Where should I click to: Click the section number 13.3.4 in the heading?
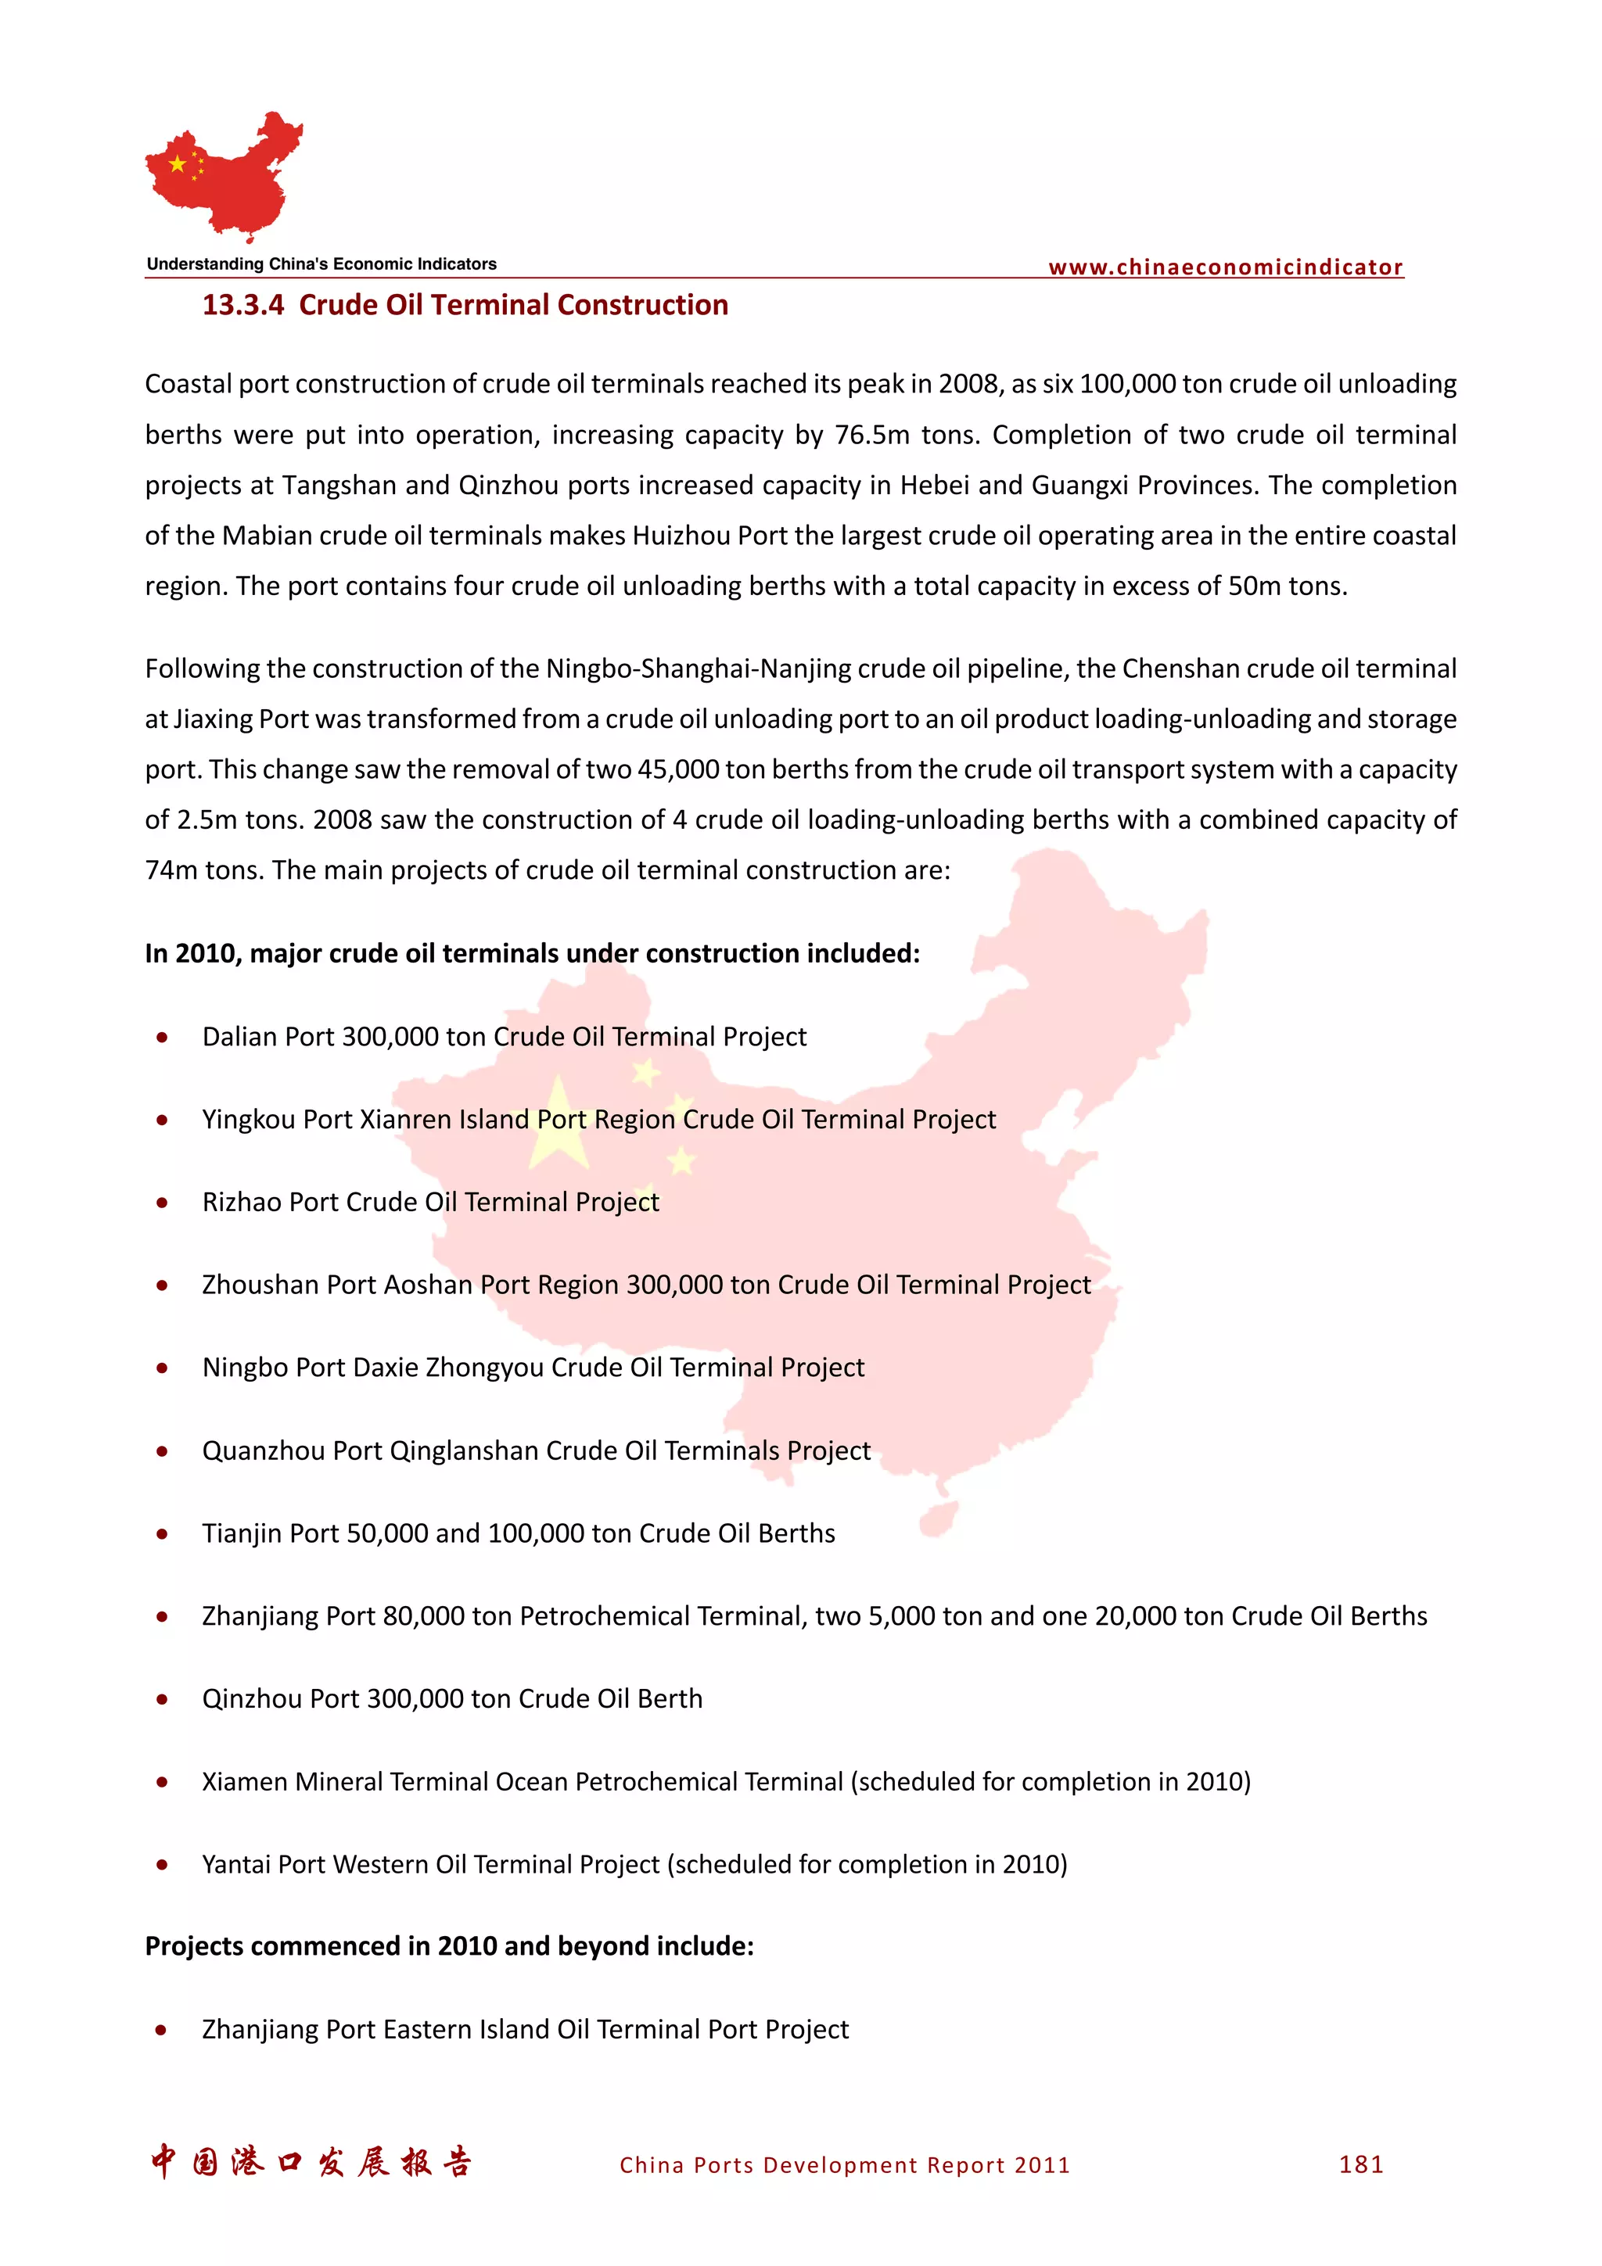(242, 305)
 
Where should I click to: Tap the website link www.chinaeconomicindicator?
(1225, 267)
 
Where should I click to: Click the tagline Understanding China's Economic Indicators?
(321, 264)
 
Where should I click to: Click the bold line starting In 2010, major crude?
(532, 953)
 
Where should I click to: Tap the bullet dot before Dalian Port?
(162, 1038)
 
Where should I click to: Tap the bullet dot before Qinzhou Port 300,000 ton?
(162, 1700)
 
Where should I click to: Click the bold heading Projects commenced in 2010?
(449, 1946)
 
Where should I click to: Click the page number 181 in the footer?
(1361, 2164)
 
